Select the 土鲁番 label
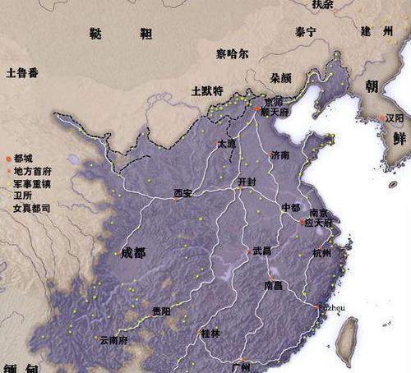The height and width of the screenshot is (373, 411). point(21,72)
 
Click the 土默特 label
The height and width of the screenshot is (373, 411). point(206,90)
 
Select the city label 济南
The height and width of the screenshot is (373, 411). point(279,154)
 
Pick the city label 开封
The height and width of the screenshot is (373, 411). point(247,181)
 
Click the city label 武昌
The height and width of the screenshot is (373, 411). point(261,251)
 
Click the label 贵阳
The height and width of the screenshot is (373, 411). point(161,311)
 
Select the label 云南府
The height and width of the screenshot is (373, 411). point(114,339)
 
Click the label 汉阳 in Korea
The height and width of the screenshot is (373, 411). point(395,118)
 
